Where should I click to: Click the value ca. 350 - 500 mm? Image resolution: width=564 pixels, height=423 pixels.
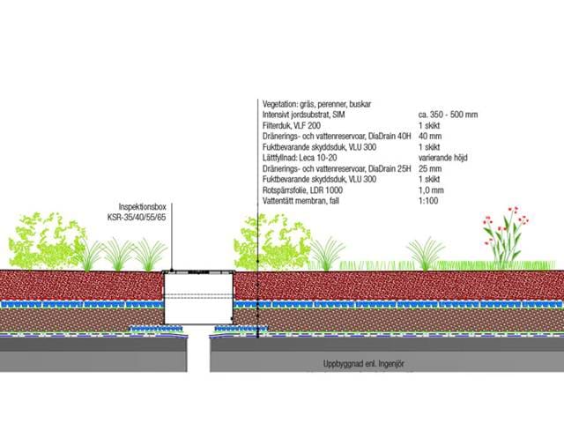coord(448,115)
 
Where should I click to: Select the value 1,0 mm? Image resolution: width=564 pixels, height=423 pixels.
coord(432,190)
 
